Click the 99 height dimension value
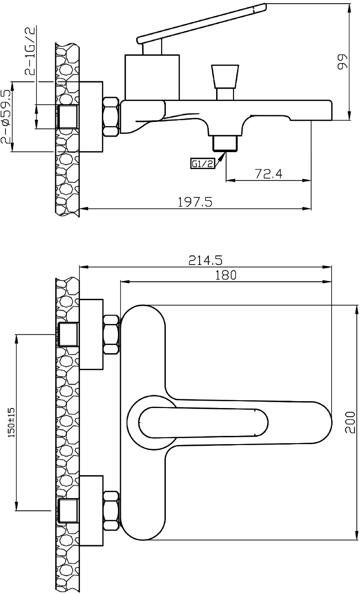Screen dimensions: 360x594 coord(342,62)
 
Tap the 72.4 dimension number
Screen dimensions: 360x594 coord(268,174)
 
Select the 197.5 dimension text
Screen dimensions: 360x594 coord(195,202)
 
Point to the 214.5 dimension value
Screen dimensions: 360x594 coord(206,260)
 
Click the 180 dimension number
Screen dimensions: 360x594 coord(225,275)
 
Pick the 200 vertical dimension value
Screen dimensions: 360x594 coord(350,422)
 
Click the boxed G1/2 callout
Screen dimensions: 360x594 coord(202,164)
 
